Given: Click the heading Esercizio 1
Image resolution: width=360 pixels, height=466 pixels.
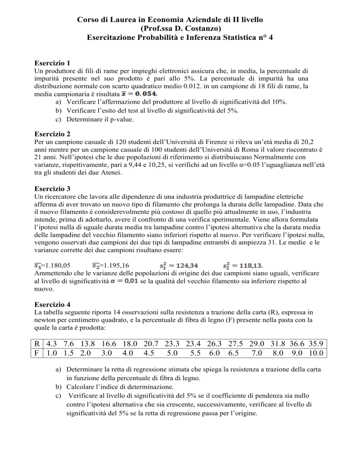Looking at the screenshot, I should (53, 63).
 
